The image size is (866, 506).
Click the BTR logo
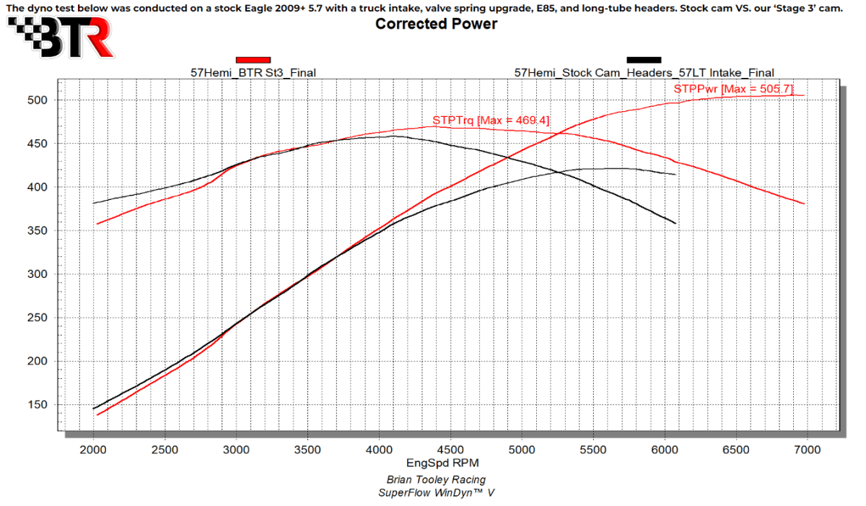tap(61, 35)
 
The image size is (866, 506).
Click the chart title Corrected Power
tap(436, 24)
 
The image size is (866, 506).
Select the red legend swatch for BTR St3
tap(253, 60)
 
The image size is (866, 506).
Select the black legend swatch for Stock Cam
tap(644, 60)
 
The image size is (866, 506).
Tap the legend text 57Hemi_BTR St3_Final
tap(253, 72)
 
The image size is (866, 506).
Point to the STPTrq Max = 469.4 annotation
tap(491, 121)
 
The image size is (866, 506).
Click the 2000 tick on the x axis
tap(94, 450)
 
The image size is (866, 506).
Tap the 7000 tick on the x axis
tap(806, 450)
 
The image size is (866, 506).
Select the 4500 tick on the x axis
tap(450, 450)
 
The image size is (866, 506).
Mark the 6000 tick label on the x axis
tap(664, 450)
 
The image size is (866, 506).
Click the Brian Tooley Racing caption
tap(436, 480)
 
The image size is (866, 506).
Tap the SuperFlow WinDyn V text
tap(436, 493)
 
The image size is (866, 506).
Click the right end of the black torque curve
tap(676, 223)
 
